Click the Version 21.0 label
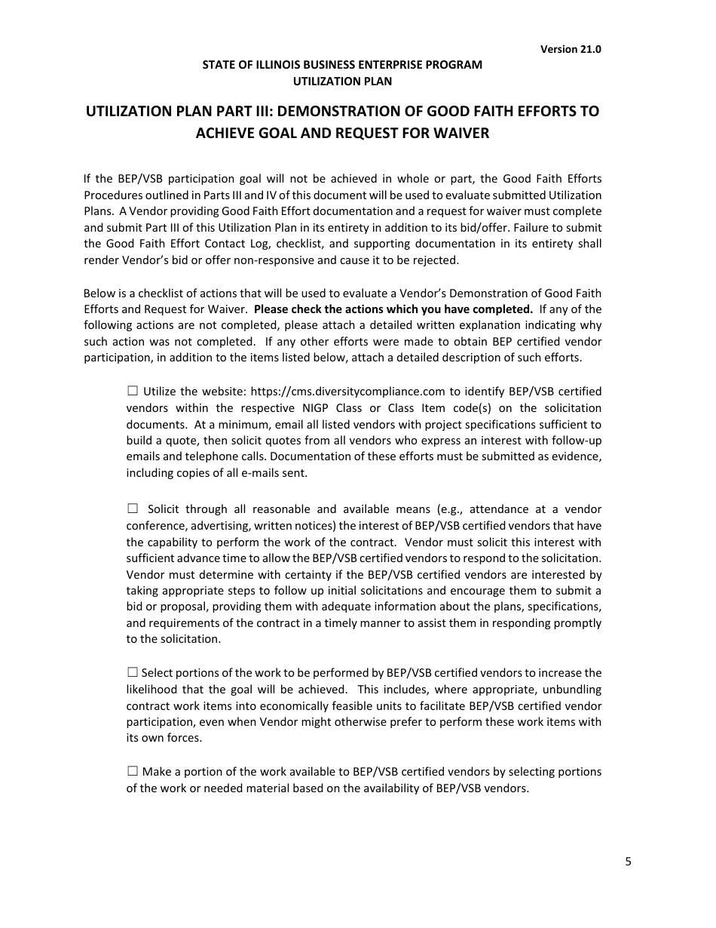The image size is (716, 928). pyautogui.click(x=571, y=49)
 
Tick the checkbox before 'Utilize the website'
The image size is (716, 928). pyautogui.click(x=133, y=391)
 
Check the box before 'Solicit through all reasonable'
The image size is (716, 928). pyautogui.click(x=133, y=509)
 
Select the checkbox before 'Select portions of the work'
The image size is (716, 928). pyautogui.click(x=133, y=672)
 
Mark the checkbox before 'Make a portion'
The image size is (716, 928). pyautogui.click(x=133, y=771)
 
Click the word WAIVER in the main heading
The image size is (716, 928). pyautogui.click(x=454, y=134)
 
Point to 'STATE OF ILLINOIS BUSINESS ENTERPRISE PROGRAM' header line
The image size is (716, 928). pyautogui.click(x=342, y=65)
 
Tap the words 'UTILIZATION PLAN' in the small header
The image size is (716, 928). pyautogui.click(x=342, y=81)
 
